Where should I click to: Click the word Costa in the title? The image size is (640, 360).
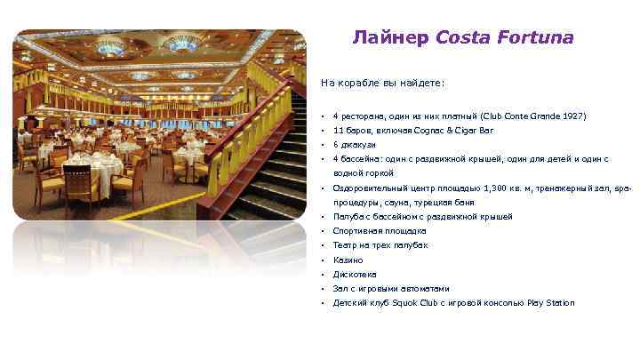tap(460, 38)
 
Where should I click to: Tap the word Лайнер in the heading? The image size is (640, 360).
tap(390, 38)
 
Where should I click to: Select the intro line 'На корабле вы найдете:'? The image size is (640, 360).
tap(382, 83)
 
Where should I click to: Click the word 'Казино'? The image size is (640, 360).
tap(348, 260)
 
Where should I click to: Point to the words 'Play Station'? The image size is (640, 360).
tap(553, 302)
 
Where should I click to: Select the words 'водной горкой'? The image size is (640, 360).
tap(363, 173)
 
